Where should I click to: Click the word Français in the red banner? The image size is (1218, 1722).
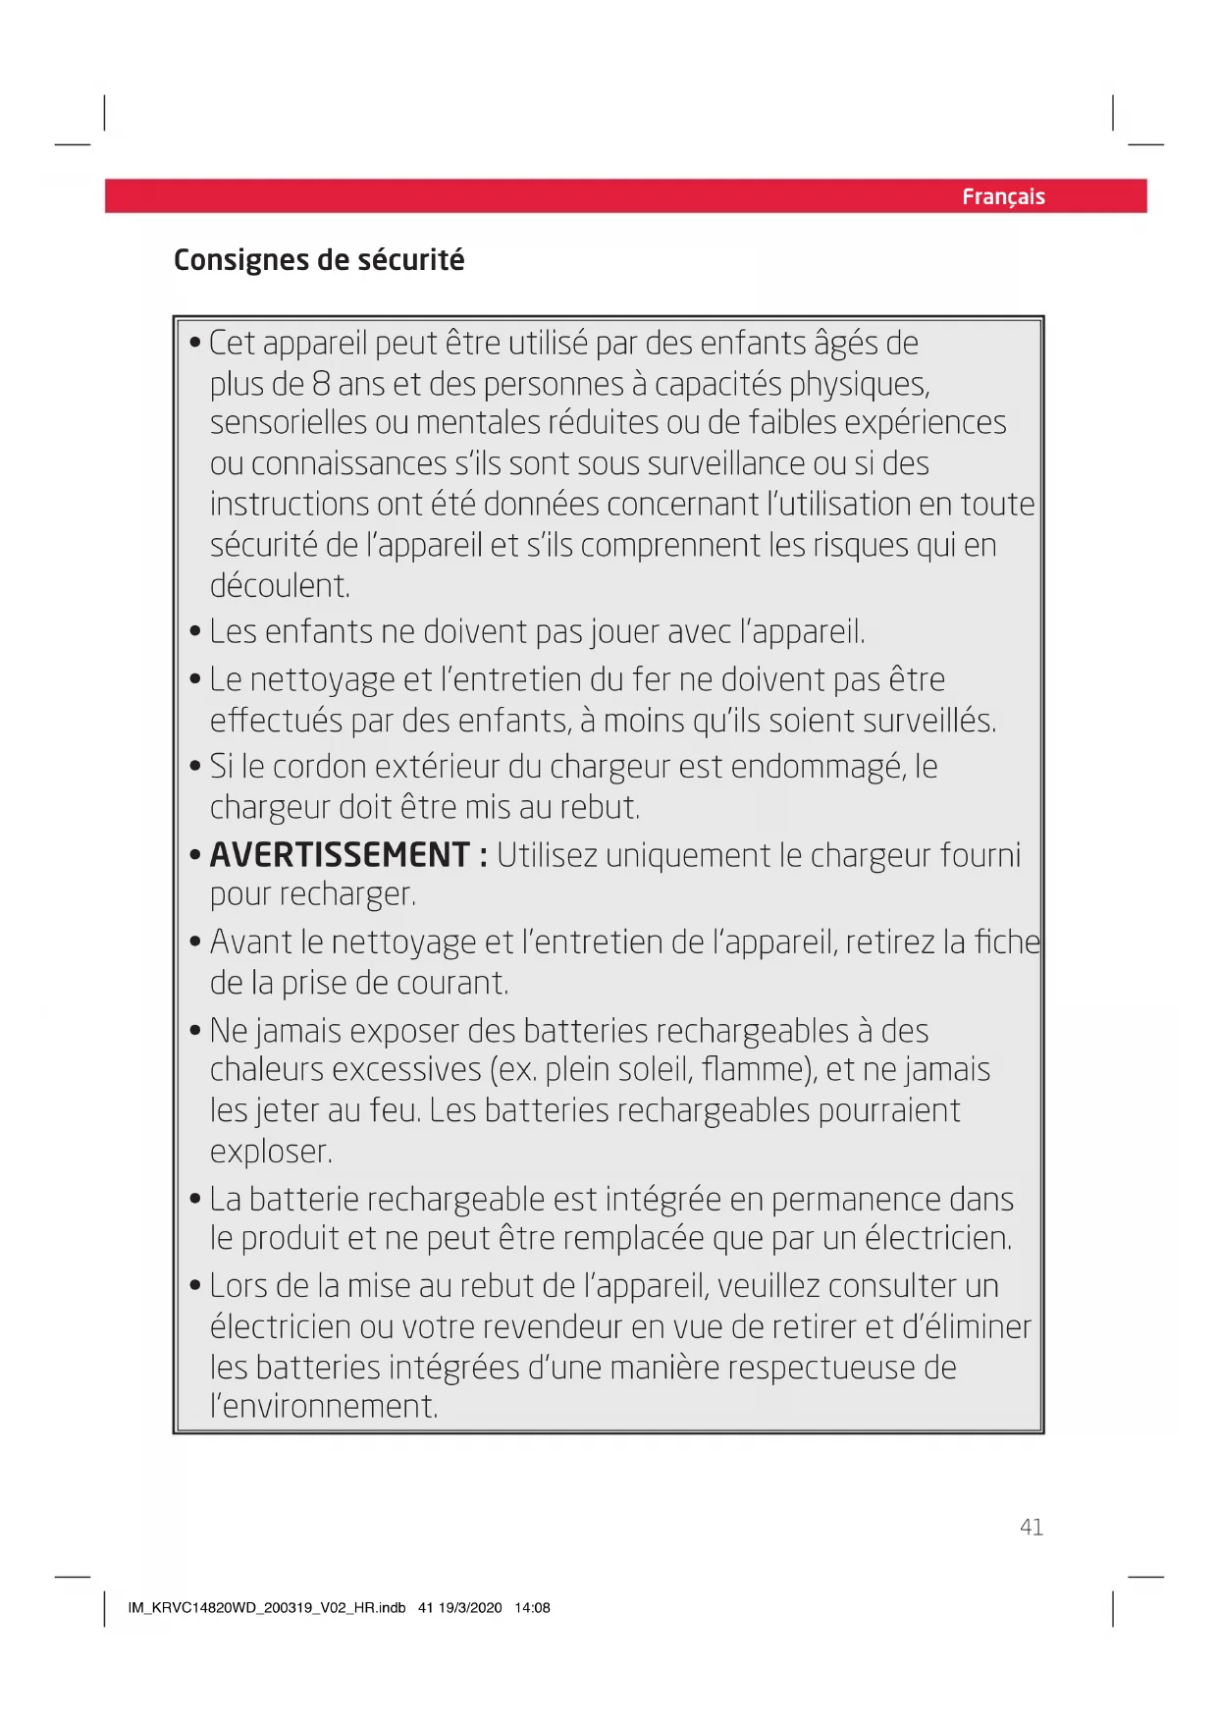[1003, 197]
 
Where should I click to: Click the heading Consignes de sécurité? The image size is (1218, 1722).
[319, 260]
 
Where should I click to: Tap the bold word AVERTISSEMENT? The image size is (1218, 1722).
[340, 855]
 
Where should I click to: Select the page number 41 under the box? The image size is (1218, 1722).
[1031, 1527]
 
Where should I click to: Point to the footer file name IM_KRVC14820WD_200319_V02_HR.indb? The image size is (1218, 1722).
[266, 1608]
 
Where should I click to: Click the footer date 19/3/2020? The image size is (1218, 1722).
[470, 1608]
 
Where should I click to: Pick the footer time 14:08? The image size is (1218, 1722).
[532, 1608]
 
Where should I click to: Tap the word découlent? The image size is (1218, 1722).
[280, 586]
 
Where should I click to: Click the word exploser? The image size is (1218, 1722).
[271, 1152]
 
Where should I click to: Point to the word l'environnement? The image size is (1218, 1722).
[324, 1407]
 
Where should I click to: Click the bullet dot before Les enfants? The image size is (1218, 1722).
[195, 631]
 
